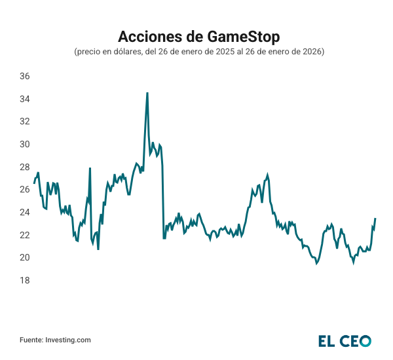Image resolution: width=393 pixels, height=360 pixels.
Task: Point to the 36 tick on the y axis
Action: pyautogui.click(x=24, y=76)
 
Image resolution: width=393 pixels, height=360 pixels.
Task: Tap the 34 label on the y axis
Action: pyautogui.click(x=24, y=99)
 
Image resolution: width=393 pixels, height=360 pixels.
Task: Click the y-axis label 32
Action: pyautogui.click(x=24, y=121)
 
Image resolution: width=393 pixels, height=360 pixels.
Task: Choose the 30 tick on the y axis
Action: pyautogui.click(x=24, y=144)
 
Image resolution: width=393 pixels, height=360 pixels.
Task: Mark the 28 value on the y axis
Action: pyautogui.click(x=24, y=167)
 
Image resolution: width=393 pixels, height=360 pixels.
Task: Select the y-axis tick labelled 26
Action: pyautogui.click(x=24, y=189)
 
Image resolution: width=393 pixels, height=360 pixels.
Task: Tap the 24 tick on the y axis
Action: pyautogui.click(x=24, y=212)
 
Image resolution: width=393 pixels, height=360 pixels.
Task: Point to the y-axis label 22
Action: pyautogui.click(x=24, y=235)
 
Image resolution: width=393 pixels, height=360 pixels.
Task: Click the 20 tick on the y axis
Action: pyautogui.click(x=24, y=257)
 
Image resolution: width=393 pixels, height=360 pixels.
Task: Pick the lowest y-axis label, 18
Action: pyautogui.click(x=24, y=280)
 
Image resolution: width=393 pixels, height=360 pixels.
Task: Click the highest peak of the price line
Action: pyautogui.click(x=147, y=93)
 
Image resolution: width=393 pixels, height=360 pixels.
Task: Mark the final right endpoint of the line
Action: pyautogui.click(x=375, y=219)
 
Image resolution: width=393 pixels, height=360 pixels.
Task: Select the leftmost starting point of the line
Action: pyautogui.click(x=34, y=183)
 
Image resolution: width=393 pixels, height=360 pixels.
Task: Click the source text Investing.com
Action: pyautogui.click(x=67, y=340)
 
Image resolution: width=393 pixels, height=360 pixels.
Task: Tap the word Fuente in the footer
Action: pyautogui.click(x=31, y=340)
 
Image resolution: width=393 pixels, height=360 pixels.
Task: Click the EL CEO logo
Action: pyautogui.click(x=345, y=340)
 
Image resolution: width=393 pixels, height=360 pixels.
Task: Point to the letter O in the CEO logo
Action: pyautogui.click(x=364, y=340)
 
